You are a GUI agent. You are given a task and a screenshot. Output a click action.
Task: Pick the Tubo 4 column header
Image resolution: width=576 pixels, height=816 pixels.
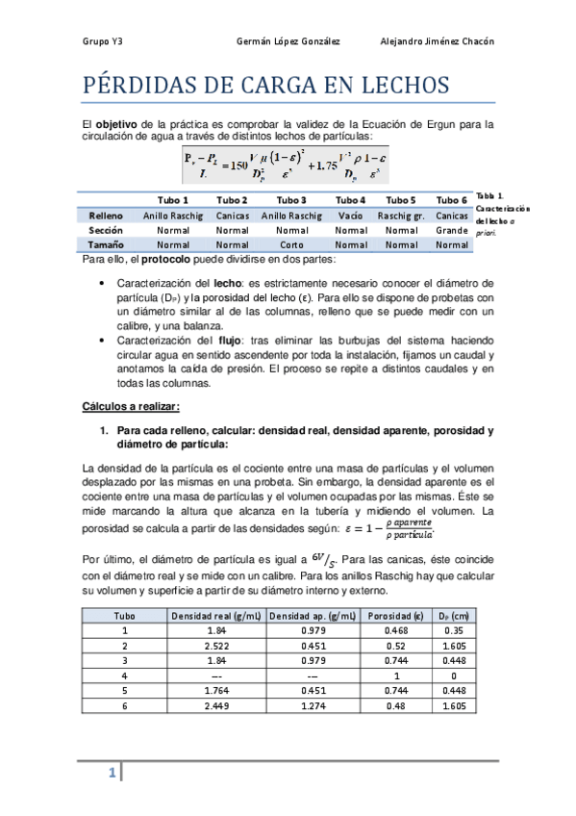click(x=351, y=200)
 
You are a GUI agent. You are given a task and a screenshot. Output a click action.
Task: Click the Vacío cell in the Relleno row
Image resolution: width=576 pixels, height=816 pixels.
click(x=351, y=216)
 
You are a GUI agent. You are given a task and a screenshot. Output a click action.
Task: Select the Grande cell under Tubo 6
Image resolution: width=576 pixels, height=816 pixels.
click(x=451, y=231)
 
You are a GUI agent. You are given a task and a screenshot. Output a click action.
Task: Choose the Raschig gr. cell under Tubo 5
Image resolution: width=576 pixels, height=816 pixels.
click(x=402, y=216)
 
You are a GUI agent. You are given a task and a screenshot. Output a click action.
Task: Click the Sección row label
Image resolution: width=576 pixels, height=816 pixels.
click(x=107, y=231)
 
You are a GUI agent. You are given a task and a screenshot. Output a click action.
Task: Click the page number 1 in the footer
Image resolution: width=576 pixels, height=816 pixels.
click(x=112, y=773)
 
